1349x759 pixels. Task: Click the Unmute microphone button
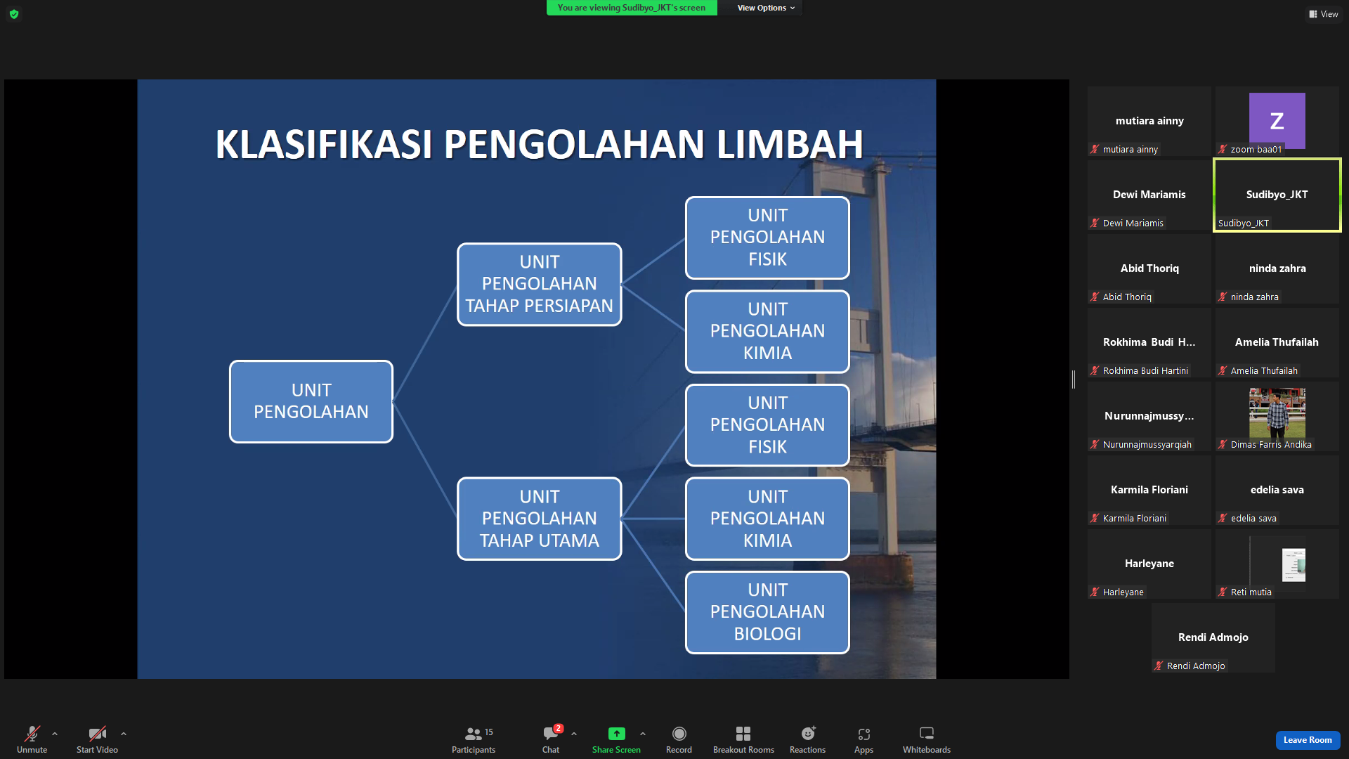[32, 739]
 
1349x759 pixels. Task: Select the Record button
[679, 739]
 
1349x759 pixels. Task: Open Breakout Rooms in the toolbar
[743, 739]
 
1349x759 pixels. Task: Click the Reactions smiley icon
[808, 734]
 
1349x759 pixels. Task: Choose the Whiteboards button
[927, 739]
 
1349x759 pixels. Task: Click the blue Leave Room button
[1308, 740]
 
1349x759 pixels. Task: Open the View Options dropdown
[766, 8]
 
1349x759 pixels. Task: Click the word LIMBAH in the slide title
[790, 144]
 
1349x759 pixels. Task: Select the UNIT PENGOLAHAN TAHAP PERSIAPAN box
[540, 284]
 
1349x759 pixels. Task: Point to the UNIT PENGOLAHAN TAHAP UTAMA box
[540, 519]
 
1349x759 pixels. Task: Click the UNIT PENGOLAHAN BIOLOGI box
[767, 612]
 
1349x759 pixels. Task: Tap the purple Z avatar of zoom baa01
[1277, 120]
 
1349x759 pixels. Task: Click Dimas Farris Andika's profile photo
[1277, 413]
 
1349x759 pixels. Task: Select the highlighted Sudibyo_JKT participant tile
[1277, 195]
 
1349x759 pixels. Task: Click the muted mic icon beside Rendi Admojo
[1159, 666]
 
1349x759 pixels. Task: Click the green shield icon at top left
[14, 14]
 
